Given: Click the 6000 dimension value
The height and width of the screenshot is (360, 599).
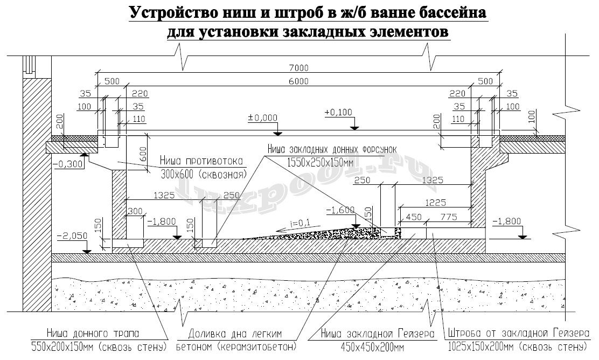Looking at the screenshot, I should click(x=297, y=81).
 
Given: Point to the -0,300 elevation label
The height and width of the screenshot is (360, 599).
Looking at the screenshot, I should click(x=70, y=164).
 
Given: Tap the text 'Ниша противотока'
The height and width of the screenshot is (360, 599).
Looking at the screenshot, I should click(x=203, y=161).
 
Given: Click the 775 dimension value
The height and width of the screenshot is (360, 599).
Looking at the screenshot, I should click(x=448, y=217).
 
